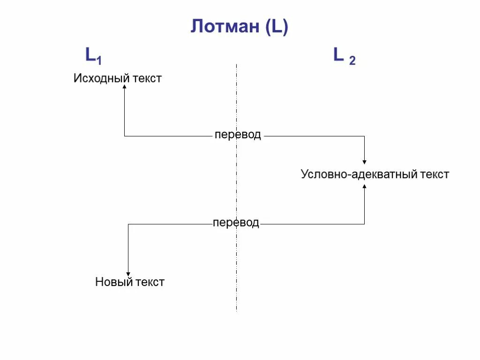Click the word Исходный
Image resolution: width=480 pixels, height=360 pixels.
click(x=101, y=78)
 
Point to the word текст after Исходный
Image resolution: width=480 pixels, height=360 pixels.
click(x=147, y=78)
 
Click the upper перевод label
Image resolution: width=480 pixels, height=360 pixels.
click(x=238, y=135)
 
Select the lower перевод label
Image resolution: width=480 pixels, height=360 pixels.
click(x=236, y=223)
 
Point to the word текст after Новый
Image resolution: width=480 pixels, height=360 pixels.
click(x=150, y=282)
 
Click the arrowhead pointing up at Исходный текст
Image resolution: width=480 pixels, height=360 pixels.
click(x=124, y=87)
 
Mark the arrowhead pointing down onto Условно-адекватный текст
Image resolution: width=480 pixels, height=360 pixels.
click(x=364, y=162)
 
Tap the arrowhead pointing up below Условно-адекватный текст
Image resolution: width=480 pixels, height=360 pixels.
click(x=364, y=187)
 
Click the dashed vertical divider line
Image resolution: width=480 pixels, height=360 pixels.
click(x=236, y=187)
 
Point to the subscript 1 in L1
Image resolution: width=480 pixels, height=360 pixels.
click(x=99, y=60)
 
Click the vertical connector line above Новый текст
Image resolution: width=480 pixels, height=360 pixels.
click(x=128, y=248)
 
